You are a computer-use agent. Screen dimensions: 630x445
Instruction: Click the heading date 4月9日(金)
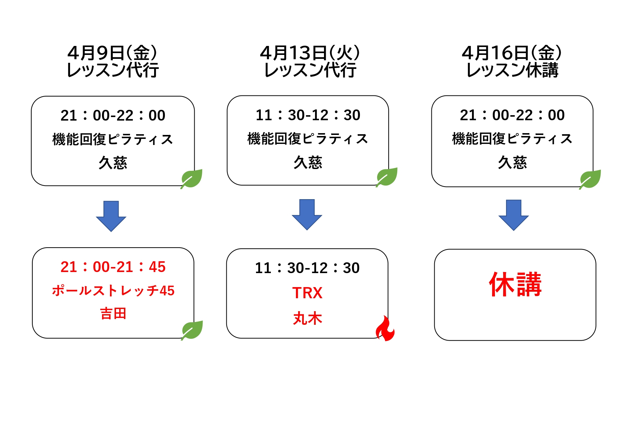[x=112, y=53]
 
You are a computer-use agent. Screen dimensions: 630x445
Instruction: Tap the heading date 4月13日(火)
[x=310, y=53]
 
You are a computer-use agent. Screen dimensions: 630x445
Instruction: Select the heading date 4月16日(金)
[x=512, y=53]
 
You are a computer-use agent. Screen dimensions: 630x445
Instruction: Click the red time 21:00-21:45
[x=113, y=267]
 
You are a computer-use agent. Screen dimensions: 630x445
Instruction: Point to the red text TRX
[x=307, y=293]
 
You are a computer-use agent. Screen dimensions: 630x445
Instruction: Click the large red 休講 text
[x=515, y=284]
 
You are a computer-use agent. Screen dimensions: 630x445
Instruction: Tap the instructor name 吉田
[x=113, y=314]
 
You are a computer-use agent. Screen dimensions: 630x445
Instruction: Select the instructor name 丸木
[x=307, y=318]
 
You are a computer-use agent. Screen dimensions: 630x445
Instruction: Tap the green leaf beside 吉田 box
[x=192, y=330]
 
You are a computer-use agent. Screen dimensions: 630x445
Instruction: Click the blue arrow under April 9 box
[x=111, y=216]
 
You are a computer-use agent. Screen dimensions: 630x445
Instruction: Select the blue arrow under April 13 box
[x=307, y=215]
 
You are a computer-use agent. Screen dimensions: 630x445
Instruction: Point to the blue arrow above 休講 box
[x=514, y=215]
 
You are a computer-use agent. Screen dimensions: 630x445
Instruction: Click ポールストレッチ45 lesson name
[x=113, y=291]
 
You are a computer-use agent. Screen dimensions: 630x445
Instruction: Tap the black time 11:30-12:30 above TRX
[x=307, y=268]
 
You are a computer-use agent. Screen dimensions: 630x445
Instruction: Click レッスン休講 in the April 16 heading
[x=512, y=70]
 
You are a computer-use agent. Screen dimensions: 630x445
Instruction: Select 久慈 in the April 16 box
[x=512, y=163]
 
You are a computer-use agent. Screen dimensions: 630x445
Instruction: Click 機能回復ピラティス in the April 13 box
[x=308, y=139]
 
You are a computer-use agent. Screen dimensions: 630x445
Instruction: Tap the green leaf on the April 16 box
[x=590, y=179]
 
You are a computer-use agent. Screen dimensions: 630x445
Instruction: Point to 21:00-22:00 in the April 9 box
[x=113, y=116]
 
